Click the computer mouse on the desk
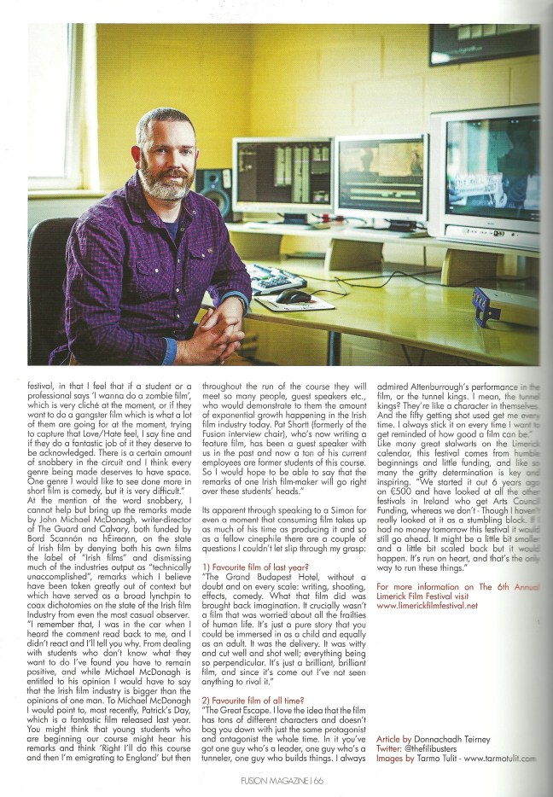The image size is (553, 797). [294, 296]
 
